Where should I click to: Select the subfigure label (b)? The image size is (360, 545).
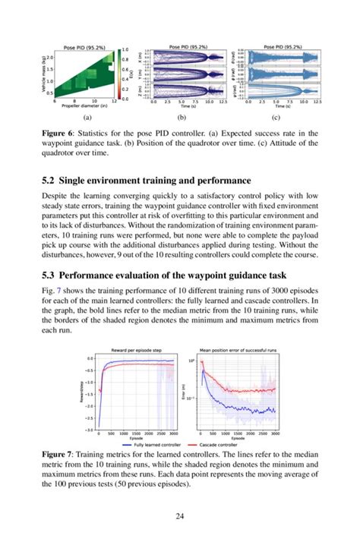181,118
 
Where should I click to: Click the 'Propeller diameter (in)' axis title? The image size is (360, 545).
84,108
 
